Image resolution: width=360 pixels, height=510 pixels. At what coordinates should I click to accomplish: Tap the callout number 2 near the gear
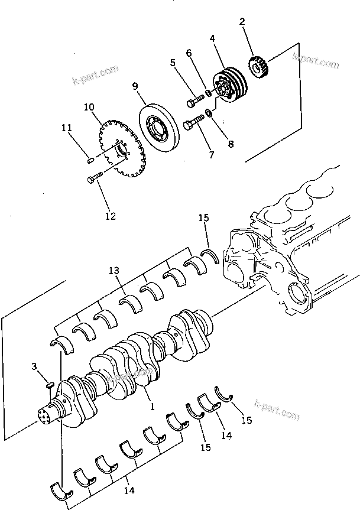click(242, 22)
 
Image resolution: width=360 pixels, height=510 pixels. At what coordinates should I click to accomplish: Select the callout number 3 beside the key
click(36, 368)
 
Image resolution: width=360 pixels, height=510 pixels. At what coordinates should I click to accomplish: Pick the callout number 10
click(89, 107)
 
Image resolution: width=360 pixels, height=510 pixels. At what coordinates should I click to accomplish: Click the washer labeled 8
click(209, 112)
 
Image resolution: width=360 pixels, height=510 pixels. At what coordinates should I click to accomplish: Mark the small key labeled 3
click(50, 385)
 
